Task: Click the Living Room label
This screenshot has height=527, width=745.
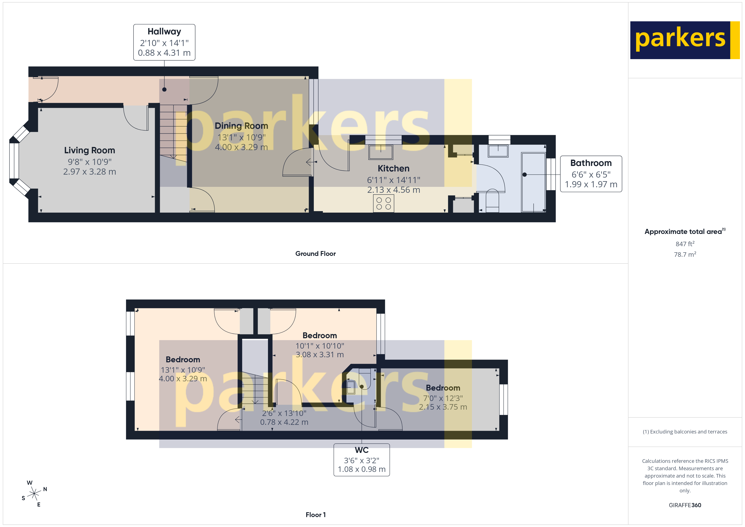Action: pyautogui.click(x=90, y=151)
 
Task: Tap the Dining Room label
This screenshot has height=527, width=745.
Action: pyautogui.click(x=241, y=126)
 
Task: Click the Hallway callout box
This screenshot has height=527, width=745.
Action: pyautogui.click(x=164, y=42)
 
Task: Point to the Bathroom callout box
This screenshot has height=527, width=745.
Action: pyautogui.click(x=591, y=174)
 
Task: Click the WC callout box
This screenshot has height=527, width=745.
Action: pyautogui.click(x=362, y=459)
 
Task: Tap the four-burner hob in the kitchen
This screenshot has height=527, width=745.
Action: pyautogui.click(x=383, y=204)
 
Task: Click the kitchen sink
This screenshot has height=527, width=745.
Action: pyautogui.click(x=381, y=152)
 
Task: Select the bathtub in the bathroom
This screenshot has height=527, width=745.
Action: pyautogui.click(x=533, y=182)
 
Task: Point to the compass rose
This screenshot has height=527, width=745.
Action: pyautogui.click(x=34, y=494)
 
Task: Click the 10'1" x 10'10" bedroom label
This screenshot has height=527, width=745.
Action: pyautogui.click(x=320, y=346)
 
